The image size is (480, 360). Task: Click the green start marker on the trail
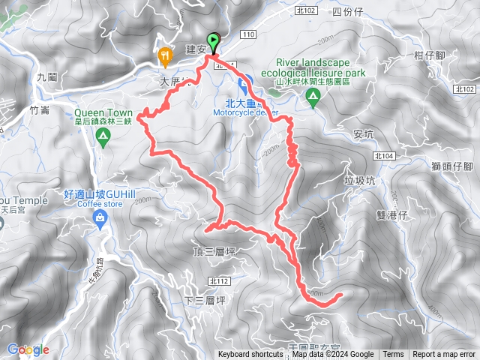tap(213, 43)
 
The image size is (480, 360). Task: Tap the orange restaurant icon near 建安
tap(164, 55)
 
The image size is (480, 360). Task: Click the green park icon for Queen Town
tap(106, 135)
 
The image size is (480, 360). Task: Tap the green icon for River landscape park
tap(313, 95)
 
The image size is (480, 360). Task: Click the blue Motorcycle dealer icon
tap(243, 84)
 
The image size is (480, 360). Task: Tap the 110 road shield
tap(249, 35)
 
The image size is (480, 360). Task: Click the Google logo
tap(27, 349)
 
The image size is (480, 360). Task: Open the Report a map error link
tap(444, 355)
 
